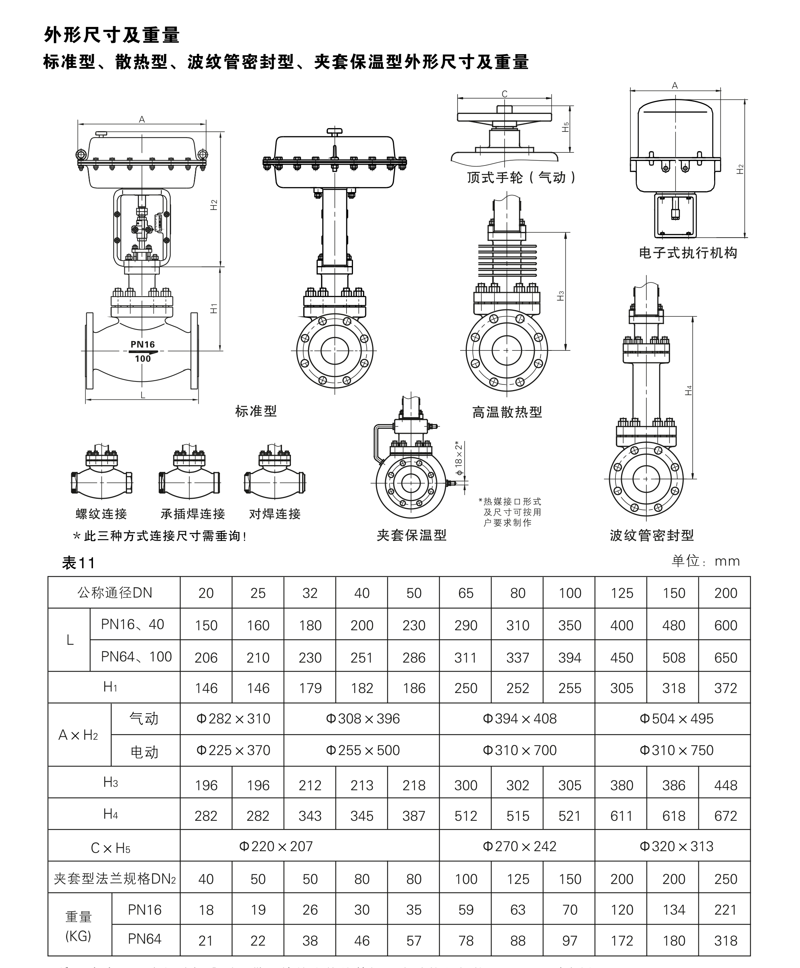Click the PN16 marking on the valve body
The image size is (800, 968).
pos(142,344)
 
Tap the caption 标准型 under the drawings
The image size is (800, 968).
pos(256,411)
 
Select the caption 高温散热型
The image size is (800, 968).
pos(507,412)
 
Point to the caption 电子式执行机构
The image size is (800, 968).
pos(688,253)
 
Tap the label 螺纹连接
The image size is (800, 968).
pos(101,514)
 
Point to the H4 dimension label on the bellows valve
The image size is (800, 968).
pos(688,390)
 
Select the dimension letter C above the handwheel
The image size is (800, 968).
pos(505,94)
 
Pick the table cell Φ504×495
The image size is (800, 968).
pos(676,719)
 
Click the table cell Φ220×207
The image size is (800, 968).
pos(276,846)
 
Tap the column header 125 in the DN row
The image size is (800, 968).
pos(621,593)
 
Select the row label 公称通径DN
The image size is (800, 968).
pos(114,593)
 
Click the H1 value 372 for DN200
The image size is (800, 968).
pos(725,688)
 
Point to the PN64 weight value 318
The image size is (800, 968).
pos(725,940)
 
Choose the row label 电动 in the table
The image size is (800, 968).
pos(144,752)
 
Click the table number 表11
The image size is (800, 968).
pos(78,563)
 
